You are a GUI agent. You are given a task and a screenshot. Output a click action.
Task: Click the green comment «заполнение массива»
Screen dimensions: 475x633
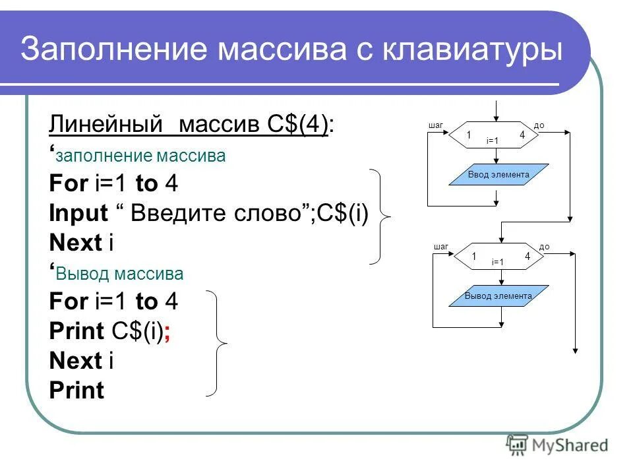pos(141,156)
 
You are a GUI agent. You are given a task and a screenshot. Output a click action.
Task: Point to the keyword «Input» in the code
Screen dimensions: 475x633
pos(78,213)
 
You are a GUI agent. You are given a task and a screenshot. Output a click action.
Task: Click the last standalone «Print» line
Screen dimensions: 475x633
pos(76,391)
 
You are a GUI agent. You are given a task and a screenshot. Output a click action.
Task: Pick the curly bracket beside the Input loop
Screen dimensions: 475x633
pos(382,216)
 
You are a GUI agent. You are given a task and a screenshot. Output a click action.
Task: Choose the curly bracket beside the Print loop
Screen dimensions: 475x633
pos(220,343)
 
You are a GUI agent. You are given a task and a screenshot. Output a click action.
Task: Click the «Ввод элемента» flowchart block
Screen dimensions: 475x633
pos(498,175)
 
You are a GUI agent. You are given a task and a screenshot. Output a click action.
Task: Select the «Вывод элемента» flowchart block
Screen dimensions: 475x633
pos(498,296)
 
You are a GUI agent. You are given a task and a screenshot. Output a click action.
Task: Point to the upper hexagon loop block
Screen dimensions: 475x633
pos(494,135)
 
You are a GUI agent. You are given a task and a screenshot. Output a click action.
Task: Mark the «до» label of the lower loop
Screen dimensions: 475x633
pos(544,247)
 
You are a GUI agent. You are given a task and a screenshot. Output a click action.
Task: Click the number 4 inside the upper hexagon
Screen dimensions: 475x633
pos(522,135)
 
